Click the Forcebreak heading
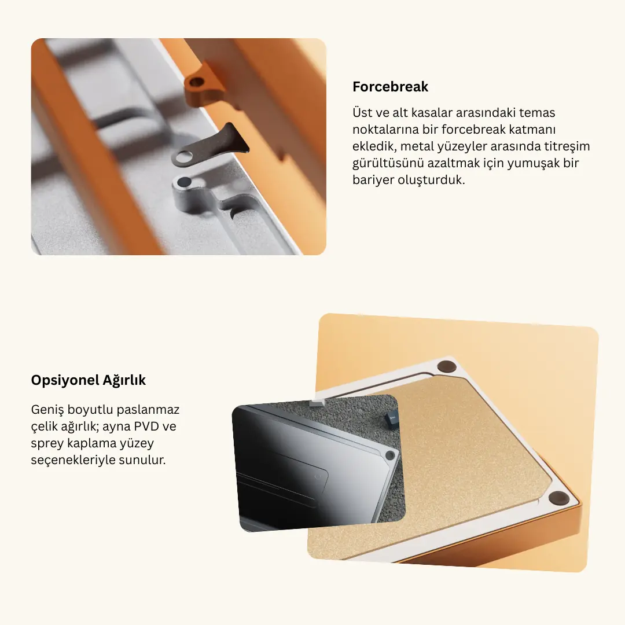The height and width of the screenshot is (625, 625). pos(390,87)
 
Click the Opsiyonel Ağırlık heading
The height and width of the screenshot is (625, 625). pos(89,380)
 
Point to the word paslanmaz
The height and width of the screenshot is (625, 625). pos(148,410)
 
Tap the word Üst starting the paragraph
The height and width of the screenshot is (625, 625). pos(362,112)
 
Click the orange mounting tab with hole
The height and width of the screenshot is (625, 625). pos(203,85)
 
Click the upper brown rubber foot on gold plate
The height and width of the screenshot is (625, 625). pos(446,366)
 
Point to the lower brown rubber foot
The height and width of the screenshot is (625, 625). pos(559,498)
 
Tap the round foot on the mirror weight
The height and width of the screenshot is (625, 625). pos(390,455)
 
